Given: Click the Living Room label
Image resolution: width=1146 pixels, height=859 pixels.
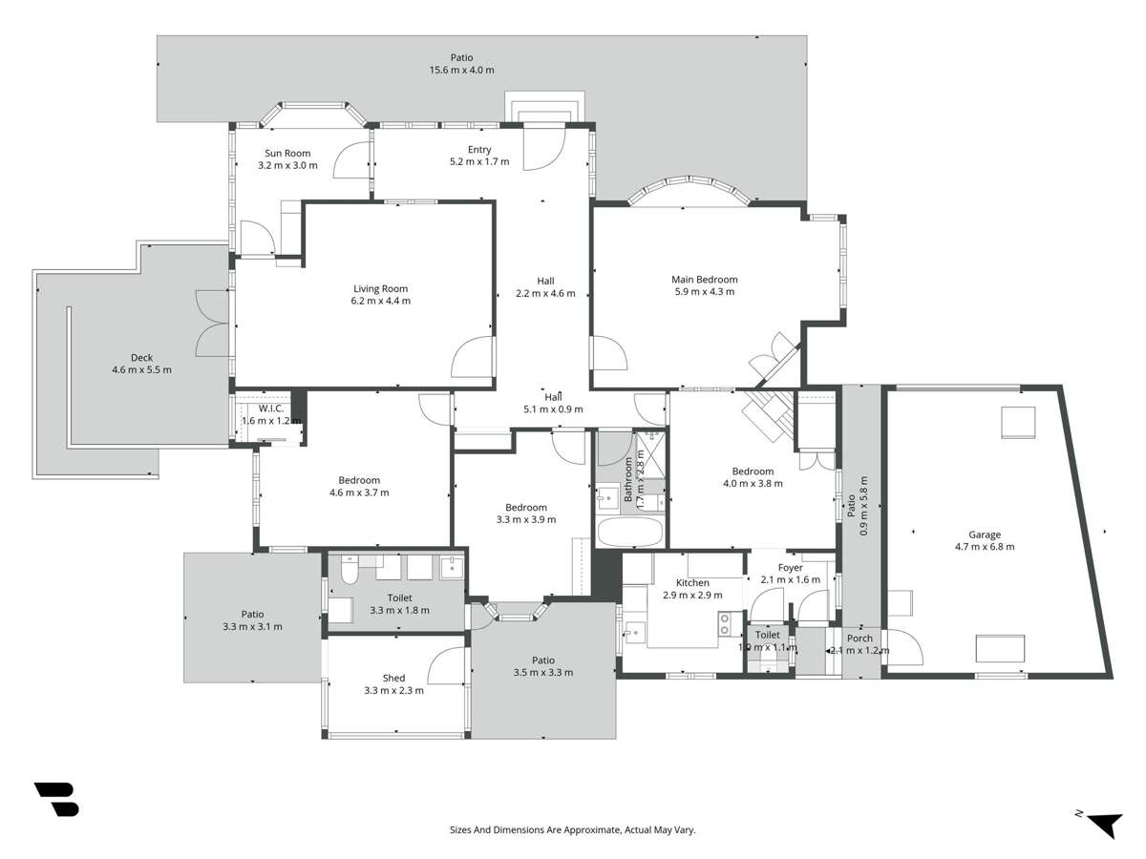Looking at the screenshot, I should point(380,288).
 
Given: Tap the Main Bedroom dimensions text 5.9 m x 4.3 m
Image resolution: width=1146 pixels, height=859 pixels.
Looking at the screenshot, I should point(704,292).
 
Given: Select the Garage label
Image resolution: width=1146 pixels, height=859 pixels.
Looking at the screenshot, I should point(984,534).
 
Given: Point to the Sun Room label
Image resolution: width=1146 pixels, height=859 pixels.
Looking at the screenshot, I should point(287,153).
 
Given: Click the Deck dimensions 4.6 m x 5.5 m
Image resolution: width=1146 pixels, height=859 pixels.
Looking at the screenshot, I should point(141,370).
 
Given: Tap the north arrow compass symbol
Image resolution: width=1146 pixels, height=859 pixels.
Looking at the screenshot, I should point(1102,823).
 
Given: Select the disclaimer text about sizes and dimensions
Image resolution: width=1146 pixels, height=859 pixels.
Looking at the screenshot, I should point(572,830).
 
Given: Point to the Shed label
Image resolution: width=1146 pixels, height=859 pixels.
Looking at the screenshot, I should point(393,679).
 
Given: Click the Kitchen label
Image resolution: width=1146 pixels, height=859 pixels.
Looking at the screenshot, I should point(692,582).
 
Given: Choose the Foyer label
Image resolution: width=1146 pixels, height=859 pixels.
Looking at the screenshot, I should point(790,568).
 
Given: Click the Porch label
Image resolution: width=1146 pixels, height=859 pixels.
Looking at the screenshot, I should point(859,639).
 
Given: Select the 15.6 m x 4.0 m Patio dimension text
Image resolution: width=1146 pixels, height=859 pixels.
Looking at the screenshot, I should point(461,71).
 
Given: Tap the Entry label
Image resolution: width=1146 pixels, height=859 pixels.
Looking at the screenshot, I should point(479,149).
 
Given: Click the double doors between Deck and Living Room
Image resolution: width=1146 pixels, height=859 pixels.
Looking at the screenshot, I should point(212,323).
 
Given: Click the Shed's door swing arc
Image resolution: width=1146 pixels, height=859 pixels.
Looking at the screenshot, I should point(445,665).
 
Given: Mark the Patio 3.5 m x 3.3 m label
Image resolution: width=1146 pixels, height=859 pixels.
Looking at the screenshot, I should point(542,660).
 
